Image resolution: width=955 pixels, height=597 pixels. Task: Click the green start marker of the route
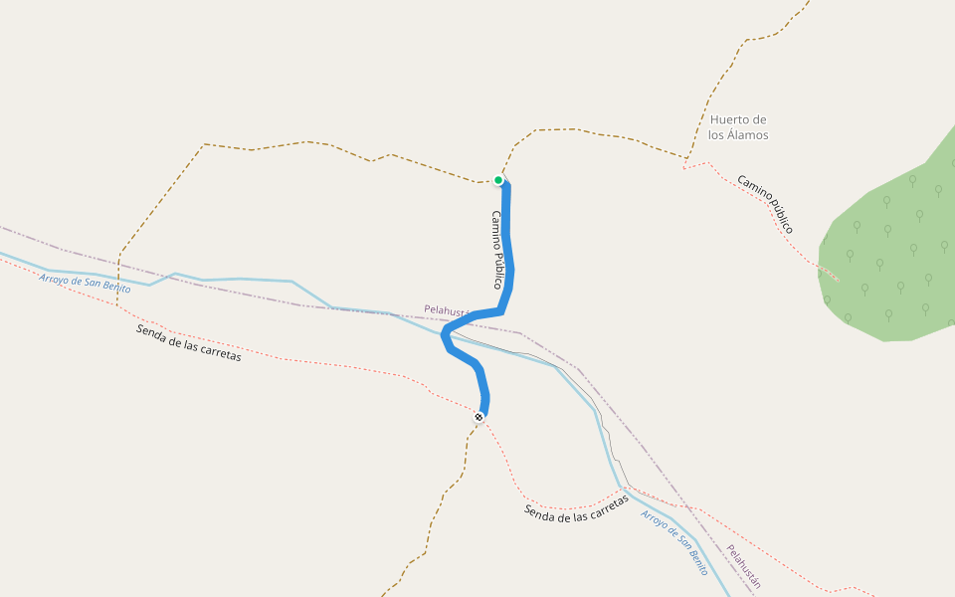point(498,180)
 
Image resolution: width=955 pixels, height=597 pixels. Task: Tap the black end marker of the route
point(479,416)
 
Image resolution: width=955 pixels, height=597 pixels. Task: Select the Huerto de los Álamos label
point(738,127)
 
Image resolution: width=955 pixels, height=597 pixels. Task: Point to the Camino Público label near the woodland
point(765,204)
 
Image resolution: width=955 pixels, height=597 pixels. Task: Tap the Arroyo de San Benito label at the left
point(86,283)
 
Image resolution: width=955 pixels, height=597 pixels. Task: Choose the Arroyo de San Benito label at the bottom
point(674,543)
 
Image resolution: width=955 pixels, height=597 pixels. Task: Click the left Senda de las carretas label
point(188,342)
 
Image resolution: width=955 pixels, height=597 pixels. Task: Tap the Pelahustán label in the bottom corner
point(743,567)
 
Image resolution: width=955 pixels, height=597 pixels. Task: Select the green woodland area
point(885,259)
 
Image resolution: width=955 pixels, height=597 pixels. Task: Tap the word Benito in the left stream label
point(114,287)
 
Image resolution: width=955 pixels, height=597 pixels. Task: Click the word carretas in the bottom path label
point(606,505)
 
